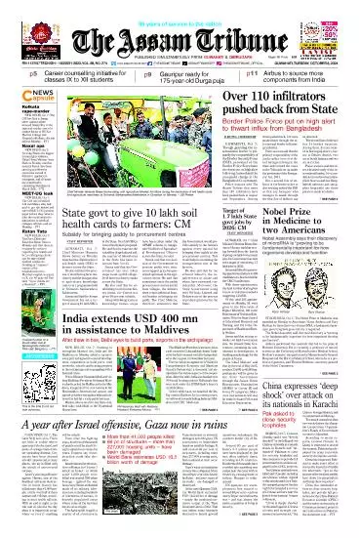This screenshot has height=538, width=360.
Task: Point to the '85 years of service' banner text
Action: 180,6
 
